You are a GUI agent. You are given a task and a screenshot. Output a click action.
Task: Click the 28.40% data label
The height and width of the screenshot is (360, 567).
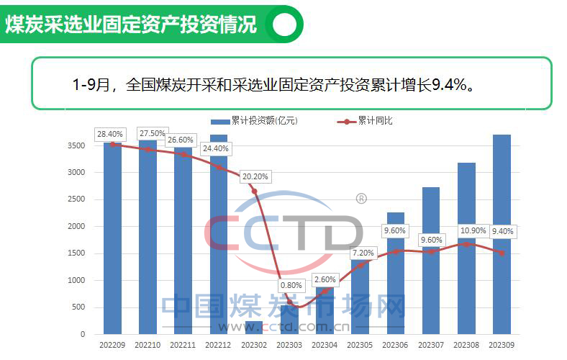coord(110,134)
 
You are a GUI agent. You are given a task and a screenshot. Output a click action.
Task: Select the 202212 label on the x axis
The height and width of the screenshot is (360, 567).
coord(219,346)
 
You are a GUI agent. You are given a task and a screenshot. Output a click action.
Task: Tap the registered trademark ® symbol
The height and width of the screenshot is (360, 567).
coord(361,197)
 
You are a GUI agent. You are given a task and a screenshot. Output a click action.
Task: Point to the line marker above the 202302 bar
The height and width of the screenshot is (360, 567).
coord(254,191)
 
